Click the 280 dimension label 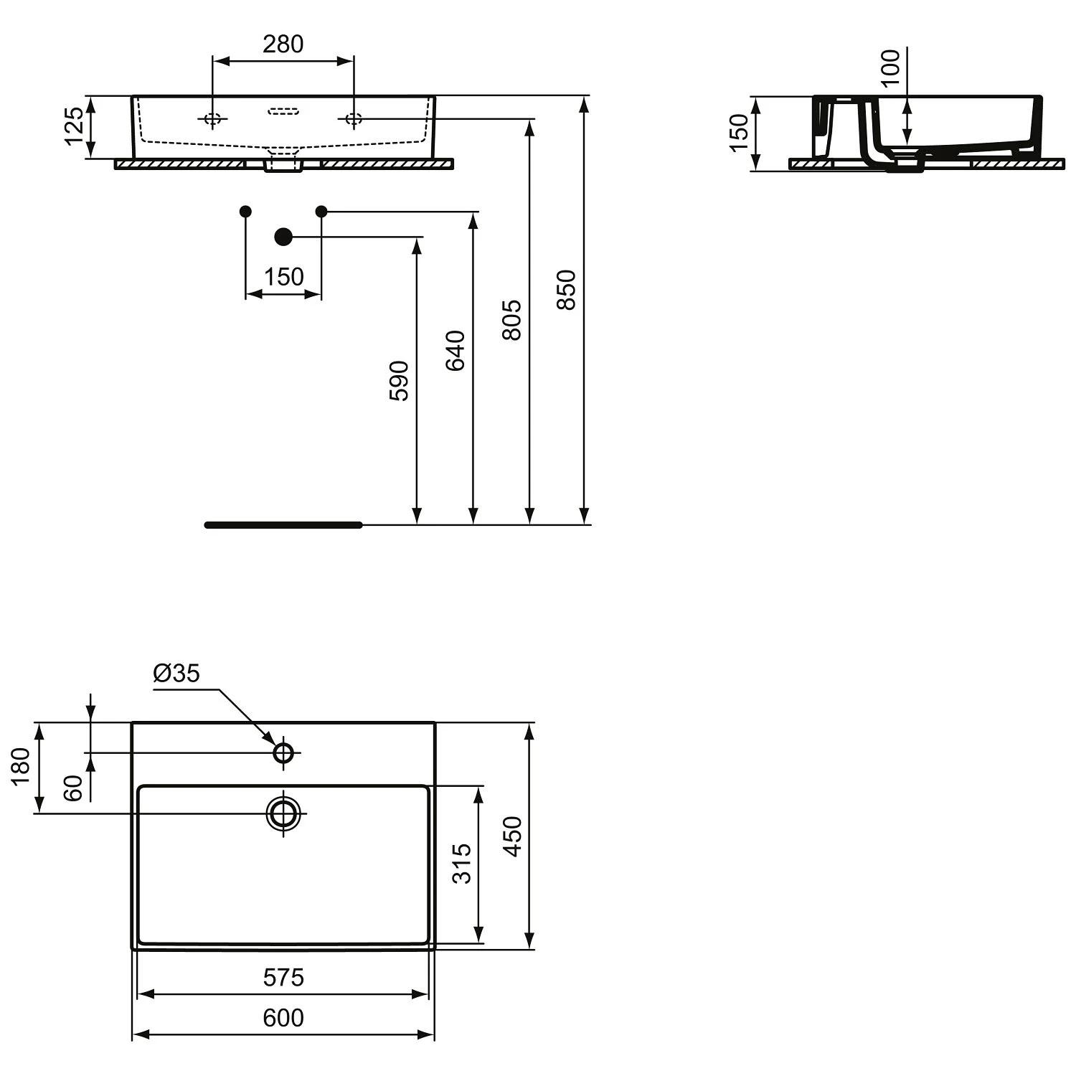283,44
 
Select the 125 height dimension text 75,126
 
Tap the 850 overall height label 567,290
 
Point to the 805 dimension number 511,320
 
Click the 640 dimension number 456,351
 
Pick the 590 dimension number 399,381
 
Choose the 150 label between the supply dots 284,277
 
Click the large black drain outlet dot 284,237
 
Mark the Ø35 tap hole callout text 176,674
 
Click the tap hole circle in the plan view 284,753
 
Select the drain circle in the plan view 284,814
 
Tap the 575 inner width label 283,978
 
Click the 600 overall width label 283,1018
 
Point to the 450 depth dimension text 512,836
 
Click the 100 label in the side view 890,67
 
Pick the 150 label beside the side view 739,133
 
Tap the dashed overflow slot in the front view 283,111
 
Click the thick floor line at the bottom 283,525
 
